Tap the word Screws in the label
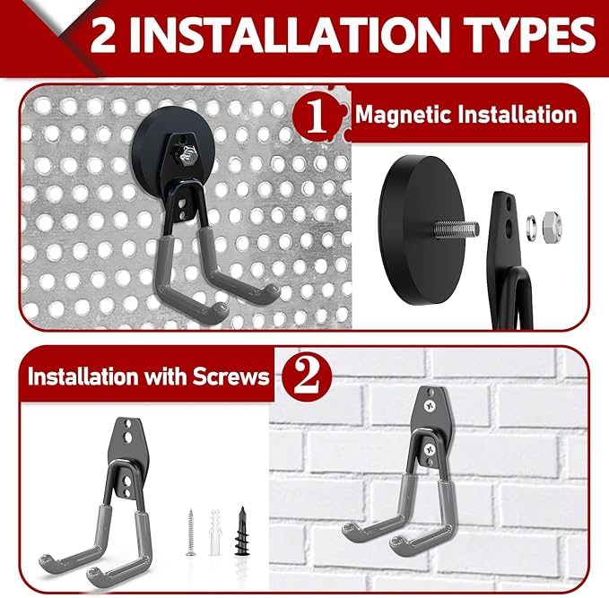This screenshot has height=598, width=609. click(x=231, y=376)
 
